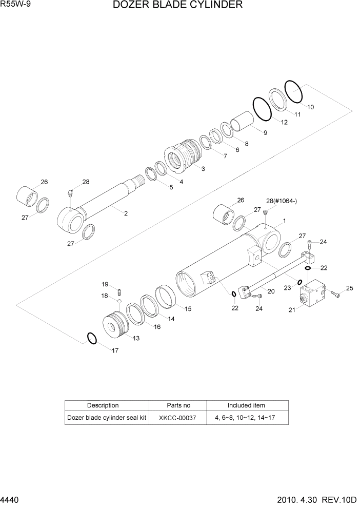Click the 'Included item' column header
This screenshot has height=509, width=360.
click(246, 405)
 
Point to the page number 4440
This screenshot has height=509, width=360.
click(11, 499)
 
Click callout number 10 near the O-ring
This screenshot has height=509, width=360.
click(311, 107)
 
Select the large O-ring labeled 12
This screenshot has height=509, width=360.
click(263, 109)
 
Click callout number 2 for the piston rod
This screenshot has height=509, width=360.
click(126, 213)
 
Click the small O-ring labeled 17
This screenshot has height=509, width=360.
click(91, 339)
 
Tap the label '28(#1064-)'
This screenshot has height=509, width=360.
click(282, 201)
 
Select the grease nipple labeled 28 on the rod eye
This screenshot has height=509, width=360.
click(70, 193)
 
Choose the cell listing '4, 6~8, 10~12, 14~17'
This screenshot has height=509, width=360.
click(246, 418)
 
